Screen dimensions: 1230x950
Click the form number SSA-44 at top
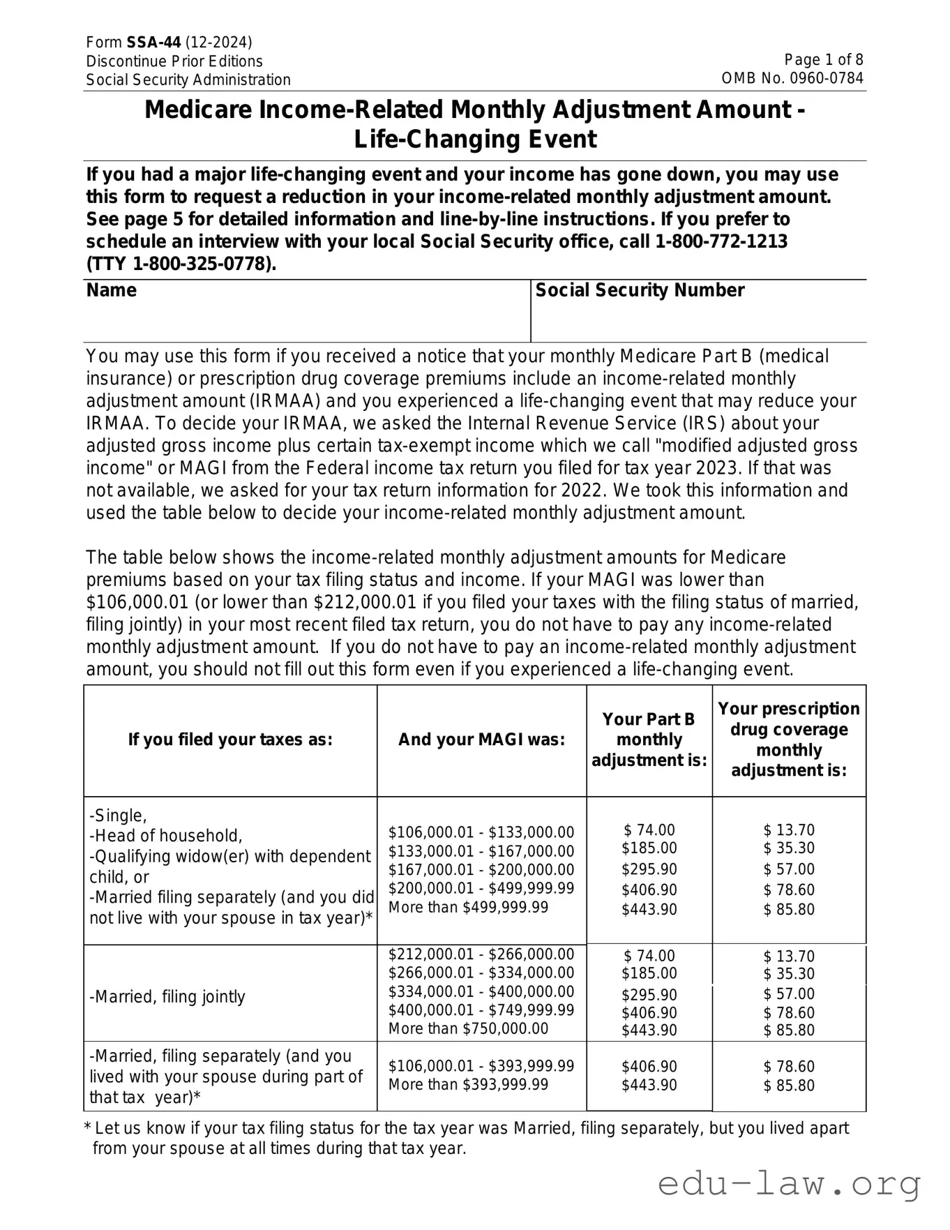pos(153,43)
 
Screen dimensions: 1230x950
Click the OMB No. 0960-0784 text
pos(792,78)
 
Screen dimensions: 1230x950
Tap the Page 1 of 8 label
pos(823,60)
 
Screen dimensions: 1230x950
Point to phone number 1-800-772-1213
pos(721,241)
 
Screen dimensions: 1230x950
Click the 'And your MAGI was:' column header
pos(481,740)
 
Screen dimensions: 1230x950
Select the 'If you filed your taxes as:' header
pos(230,740)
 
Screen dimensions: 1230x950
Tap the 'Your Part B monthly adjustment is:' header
pos(649,740)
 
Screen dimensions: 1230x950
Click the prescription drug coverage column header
pos(789,740)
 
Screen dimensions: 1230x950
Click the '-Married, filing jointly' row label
pos(167,996)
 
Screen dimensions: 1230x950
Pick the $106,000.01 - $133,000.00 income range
pos(481,832)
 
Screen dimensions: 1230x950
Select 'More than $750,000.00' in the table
pos(468,1028)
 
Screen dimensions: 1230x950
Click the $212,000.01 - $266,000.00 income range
pos(481,954)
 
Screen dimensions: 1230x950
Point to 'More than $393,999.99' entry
pos(468,1084)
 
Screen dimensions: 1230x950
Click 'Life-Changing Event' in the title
pos(475,140)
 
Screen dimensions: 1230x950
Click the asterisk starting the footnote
pos(88,1129)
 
